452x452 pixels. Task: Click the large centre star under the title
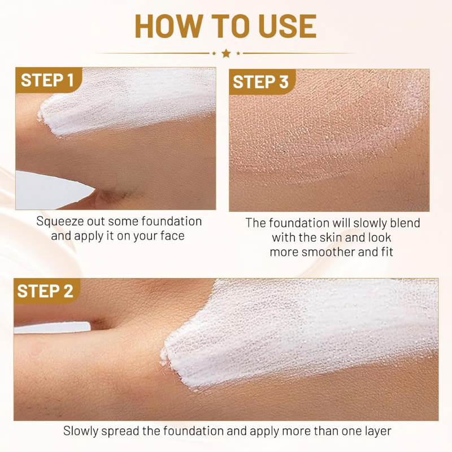[226, 53]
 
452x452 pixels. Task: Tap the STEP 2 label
[45, 291]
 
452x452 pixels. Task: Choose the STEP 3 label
[260, 82]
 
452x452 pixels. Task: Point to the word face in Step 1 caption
[171, 236]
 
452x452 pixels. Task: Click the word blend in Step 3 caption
[405, 223]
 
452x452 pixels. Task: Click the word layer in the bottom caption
[376, 431]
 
